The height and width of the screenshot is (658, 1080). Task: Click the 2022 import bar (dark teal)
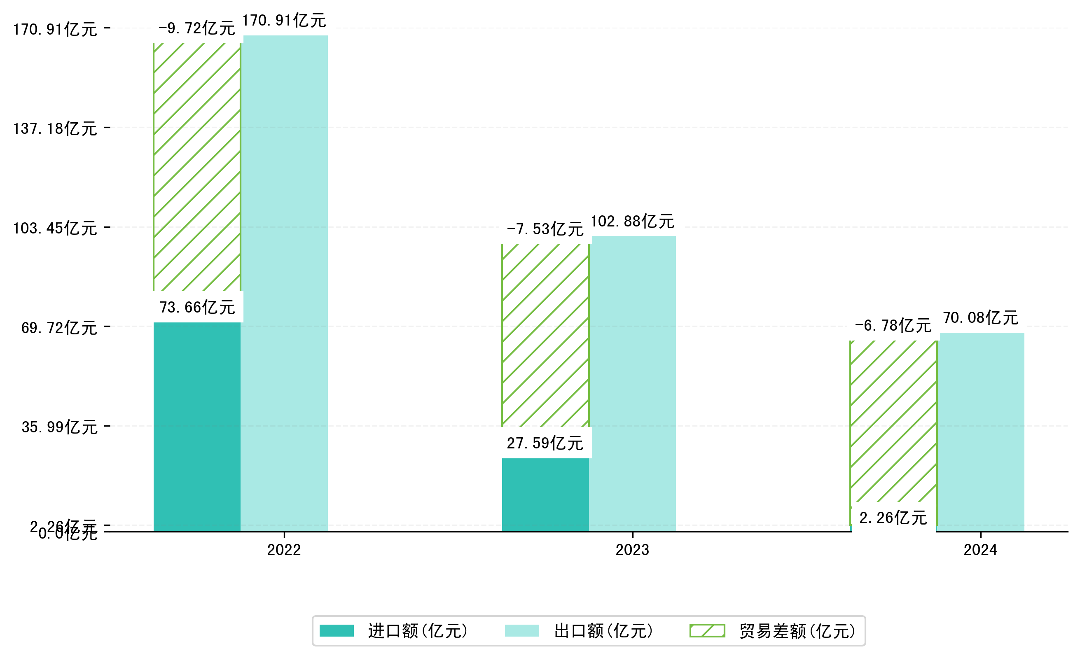(197, 427)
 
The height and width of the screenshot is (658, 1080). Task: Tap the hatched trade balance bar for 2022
(197, 167)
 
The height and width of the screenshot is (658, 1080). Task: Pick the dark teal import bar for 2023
(545, 495)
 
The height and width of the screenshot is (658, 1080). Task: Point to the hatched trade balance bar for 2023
(545, 335)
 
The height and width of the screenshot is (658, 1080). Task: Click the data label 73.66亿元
(197, 308)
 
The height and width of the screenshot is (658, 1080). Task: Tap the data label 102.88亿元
(633, 221)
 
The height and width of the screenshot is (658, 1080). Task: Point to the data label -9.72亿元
(197, 28)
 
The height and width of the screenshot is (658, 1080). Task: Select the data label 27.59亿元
(545, 443)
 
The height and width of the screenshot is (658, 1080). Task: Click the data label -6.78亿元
(893, 325)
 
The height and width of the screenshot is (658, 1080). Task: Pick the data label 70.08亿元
(980, 317)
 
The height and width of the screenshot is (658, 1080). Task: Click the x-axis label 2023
(632, 550)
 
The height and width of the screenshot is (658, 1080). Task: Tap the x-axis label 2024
(980, 550)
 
